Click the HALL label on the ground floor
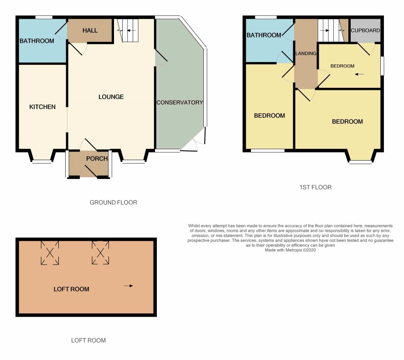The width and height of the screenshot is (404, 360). tap(90, 31)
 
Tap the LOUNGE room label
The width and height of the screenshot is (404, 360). tap(111, 97)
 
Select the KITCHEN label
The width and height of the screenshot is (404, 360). tap(42, 107)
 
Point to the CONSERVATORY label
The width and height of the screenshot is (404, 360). tap(180, 102)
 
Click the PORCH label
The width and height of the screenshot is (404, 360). tap(97, 159)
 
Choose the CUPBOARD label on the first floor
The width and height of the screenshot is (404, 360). tap(365, 31)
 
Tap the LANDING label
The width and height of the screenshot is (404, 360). tap(306, 53)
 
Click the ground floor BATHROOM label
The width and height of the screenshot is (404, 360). tap(37, 41)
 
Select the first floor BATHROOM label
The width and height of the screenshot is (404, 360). tap(264, 35)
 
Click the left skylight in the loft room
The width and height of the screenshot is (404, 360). tap(50, 253)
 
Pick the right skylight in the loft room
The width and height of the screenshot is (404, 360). tap(100, 253)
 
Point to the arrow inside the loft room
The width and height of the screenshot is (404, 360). tap(128, 286)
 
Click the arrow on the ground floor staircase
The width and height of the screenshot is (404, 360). tap(131, 31)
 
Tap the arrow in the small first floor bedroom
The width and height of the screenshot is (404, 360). tap(359, 74)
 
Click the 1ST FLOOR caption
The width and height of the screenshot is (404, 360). tap(316, 187)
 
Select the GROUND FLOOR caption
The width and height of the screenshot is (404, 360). tap(114, 203)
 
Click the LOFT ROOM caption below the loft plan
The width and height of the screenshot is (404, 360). tap(88, 340)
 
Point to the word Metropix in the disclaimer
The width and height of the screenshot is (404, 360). tap(294, 250)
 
